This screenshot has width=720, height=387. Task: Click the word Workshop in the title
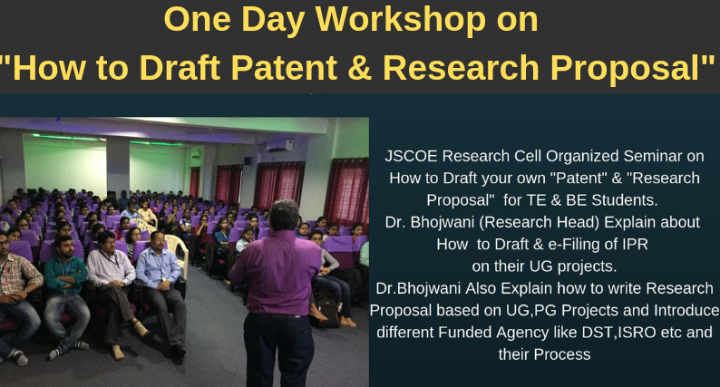click(400, 20)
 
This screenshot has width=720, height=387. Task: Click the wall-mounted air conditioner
click(279, 146)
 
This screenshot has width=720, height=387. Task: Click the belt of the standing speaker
click(277, 315)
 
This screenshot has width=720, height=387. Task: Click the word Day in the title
click(273, 21)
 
